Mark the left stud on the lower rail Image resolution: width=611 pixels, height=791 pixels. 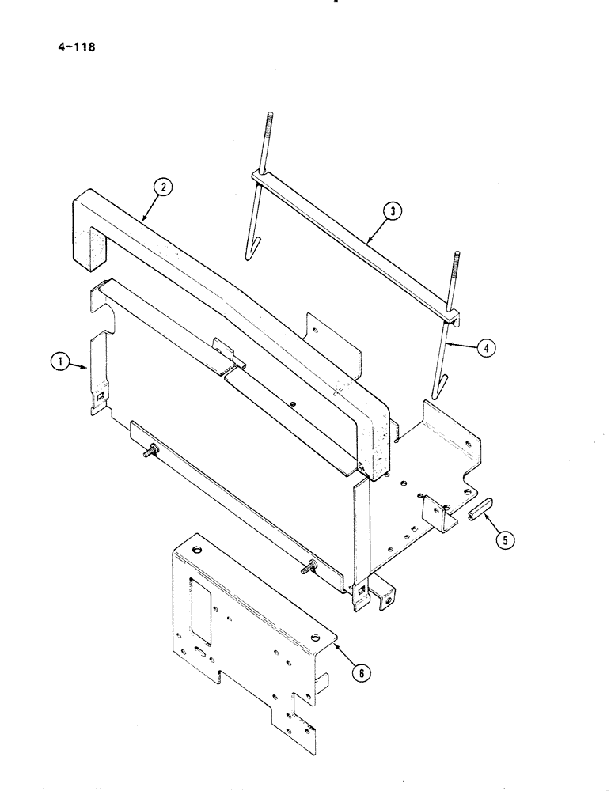click(149, 453)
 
